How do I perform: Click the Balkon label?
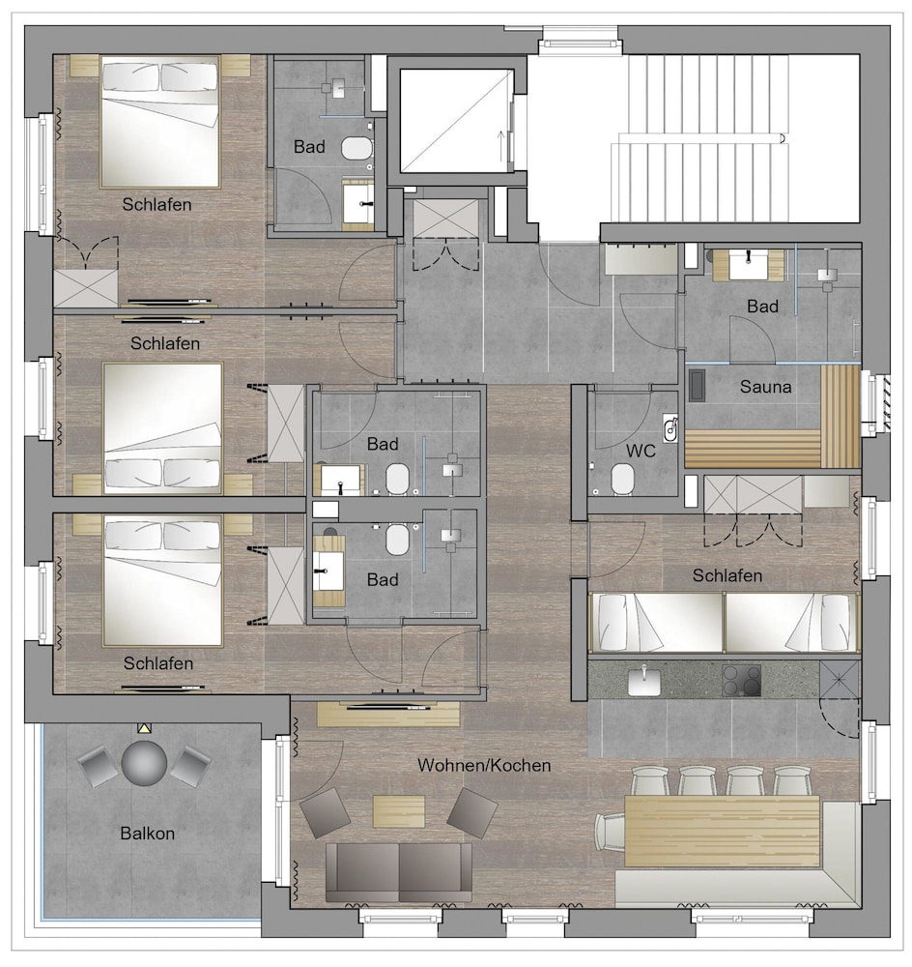(x=147, y=834)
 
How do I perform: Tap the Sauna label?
(x=765, y=387)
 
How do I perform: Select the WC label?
(x=641, y=451)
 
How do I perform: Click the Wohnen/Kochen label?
(x=484, y=765)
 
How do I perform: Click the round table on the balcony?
(x=144, y=763)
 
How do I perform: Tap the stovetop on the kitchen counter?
(x=741, y=680)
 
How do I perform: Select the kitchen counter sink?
(x=644, y=682)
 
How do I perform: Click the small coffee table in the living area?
(x=399, y=811)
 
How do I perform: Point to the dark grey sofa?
(x=399, y=872)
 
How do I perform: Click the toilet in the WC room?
(x=623, y=480)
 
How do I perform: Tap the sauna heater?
(x=697, y=386)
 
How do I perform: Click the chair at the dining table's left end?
(x=610, y=832)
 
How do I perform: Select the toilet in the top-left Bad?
(x=357, y=149)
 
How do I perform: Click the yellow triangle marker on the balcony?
(x=144, y=728)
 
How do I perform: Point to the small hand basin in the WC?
(x=670, y=428)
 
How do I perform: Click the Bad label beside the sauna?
(x=762, y=307)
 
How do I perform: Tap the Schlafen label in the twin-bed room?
(x=727, y=575)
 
